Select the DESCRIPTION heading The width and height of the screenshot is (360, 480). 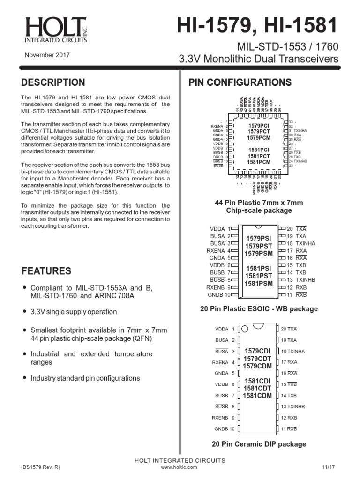point(53,82)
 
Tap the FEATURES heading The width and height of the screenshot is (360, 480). point(46,271)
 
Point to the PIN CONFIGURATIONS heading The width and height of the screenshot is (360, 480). point(240,82)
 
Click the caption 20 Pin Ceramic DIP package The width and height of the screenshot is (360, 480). point(259,444)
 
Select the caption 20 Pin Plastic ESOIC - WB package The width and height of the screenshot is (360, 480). point(259,309)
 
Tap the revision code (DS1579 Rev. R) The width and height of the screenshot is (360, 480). point(41,467)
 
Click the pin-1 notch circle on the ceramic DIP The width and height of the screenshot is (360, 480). point(245,330)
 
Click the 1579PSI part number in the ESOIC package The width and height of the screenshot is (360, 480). point(258,239)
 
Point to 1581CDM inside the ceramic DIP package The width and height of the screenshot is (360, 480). point(258,396)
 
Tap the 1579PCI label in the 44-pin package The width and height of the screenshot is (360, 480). point(259,126)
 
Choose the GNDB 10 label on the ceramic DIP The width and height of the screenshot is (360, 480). point(225,428)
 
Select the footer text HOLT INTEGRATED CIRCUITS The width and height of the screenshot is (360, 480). point(180,460)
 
